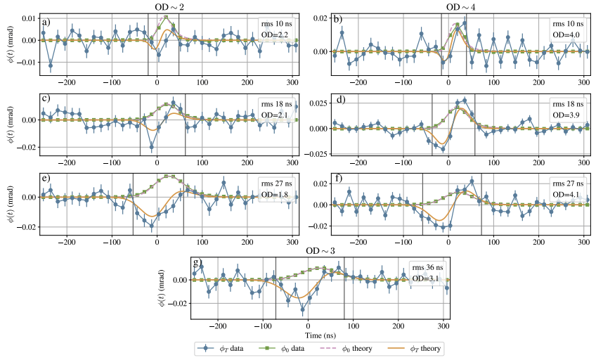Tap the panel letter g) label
[196, 262]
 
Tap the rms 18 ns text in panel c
[274, 103]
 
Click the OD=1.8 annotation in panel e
[273, 195]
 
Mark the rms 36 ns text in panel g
[426, 266]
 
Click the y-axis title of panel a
[8, 41]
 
